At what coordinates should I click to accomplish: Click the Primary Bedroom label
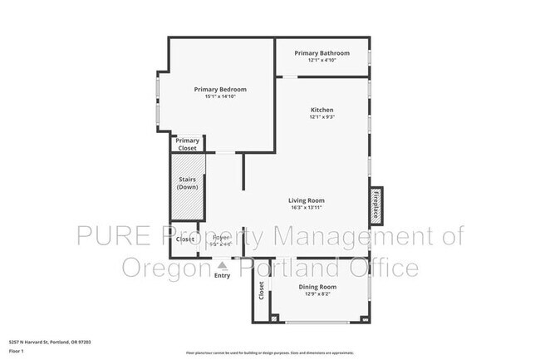220,89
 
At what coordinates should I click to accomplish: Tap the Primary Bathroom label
322,53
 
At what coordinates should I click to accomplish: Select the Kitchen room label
322,111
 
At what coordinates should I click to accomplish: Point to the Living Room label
306,200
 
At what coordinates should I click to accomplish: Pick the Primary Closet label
188,144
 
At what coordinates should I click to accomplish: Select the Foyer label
221,238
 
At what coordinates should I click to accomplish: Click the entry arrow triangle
222,265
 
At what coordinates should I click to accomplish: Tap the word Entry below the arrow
222,275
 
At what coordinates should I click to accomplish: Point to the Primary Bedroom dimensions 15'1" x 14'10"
220,97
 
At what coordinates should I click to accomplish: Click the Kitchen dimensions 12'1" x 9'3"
322,118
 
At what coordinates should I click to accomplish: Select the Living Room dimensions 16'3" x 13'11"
306,208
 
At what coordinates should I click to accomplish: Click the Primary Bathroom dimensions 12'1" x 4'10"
322,61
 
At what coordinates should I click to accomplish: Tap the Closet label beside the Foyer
185,239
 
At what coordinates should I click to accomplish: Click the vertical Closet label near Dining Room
261,291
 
